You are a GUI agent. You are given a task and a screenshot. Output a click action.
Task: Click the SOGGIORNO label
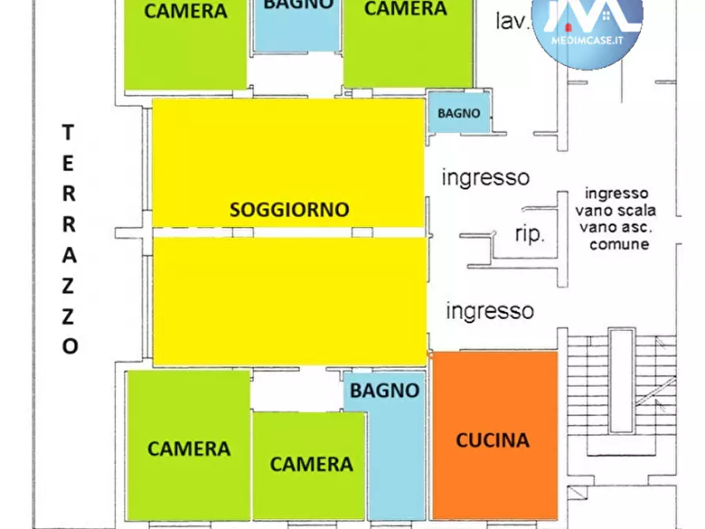(x=289, y=210)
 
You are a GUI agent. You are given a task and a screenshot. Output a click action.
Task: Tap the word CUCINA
(x=493, y=440)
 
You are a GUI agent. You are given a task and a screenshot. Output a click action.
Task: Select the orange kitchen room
(x=495, y=474)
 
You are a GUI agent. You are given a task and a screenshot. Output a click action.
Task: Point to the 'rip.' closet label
(x=530, y=234)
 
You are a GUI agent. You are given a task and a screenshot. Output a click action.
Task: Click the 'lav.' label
(x=512, y=21)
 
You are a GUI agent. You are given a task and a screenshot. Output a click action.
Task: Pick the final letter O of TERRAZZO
(x=70, y=347)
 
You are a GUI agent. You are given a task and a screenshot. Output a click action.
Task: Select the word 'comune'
(x=619, y=244)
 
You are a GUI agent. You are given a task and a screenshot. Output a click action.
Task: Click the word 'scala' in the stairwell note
(x=638, y=211)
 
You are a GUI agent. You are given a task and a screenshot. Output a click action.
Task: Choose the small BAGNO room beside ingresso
(x=459, y=112)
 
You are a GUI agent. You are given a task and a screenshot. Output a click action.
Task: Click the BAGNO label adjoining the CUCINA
(x=384, y=390)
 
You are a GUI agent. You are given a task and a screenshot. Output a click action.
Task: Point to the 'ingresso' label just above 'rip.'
(x=485, y=177)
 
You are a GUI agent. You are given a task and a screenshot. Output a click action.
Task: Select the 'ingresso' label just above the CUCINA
(x=489, y=310)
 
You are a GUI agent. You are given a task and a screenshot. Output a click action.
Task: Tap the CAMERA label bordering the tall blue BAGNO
(x=311, y=463)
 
